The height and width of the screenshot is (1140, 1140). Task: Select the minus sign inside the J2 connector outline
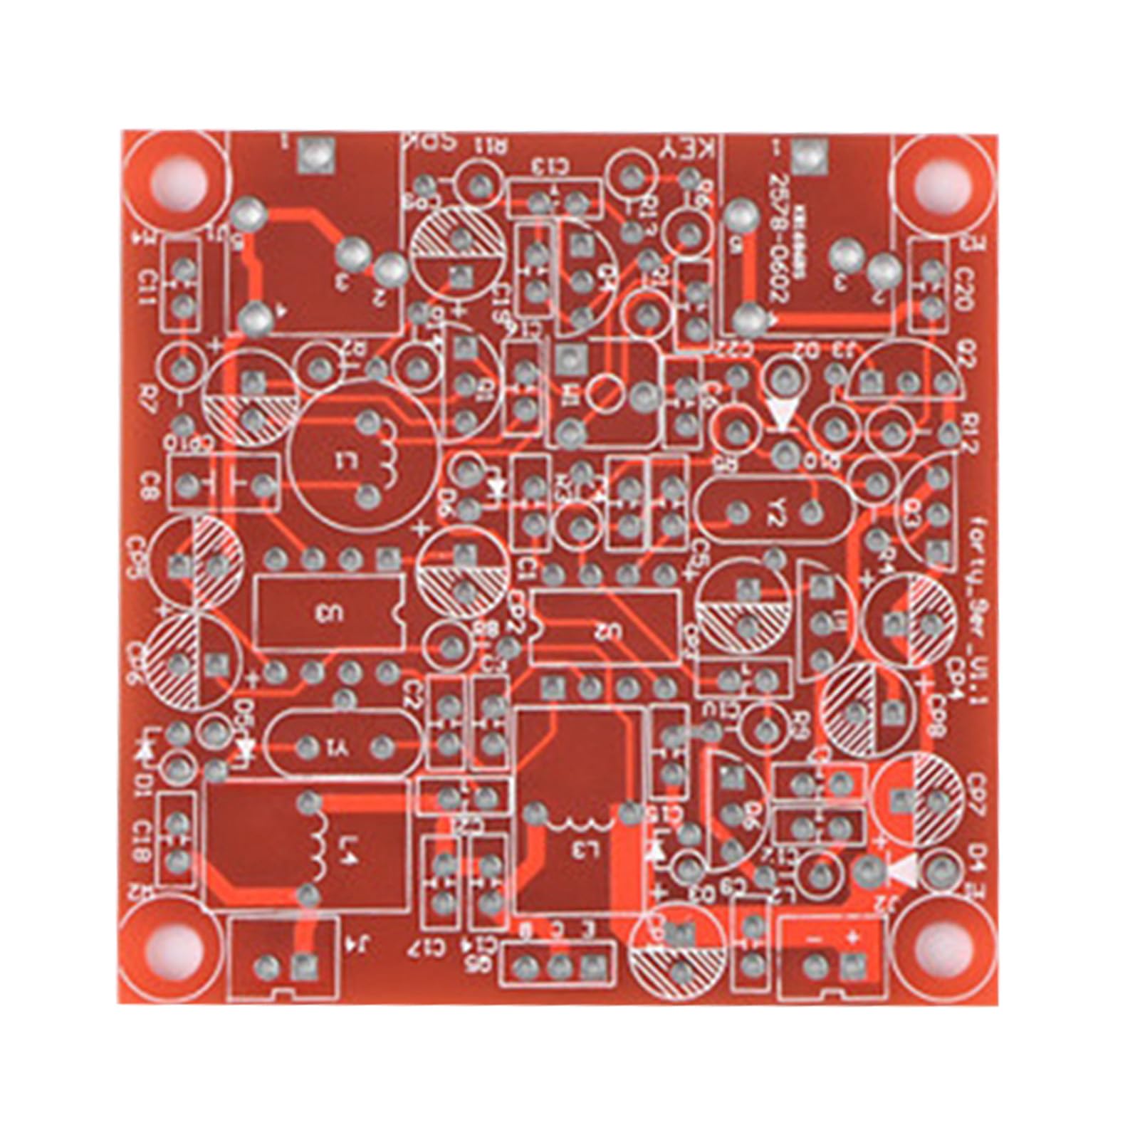815,941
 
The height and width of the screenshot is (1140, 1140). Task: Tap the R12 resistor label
966,431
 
